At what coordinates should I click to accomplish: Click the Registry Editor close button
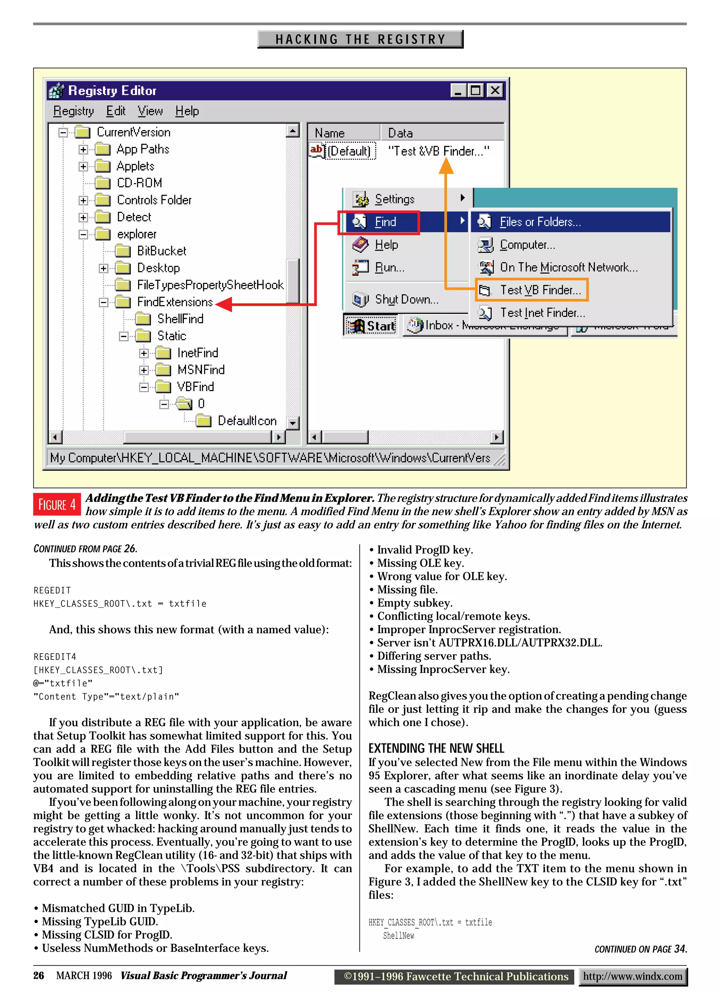[x=495, y=91]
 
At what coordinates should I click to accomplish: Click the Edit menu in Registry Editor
[x=116, y=111]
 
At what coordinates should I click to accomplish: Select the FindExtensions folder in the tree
[x=174, y=302]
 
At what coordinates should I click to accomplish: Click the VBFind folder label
[x=195, y=387]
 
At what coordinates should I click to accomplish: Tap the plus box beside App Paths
[x=83, y=150]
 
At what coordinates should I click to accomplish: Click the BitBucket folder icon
[x=123, y=251]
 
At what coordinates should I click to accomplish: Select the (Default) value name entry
[x=349, y=151]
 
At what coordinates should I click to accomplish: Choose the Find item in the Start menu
[x=385, y=222]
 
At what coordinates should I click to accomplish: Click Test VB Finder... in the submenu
[x=540, y=290]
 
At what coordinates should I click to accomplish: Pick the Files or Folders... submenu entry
[x=540, y=222]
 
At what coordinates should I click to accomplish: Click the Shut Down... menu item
[x=406, y=299]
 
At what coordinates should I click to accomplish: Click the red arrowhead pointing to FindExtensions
[x=224, y=304]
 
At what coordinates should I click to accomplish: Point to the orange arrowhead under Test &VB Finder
[x=446, y=165]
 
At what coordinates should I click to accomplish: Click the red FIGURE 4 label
[x=57, y=504]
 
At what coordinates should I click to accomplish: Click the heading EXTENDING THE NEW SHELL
[x=436, y=748]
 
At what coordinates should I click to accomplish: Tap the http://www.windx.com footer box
[x=632, y=976]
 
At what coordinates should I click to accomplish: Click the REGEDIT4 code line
[x=55, y=657]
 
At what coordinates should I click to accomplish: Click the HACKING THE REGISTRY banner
[x=360, y=39]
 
